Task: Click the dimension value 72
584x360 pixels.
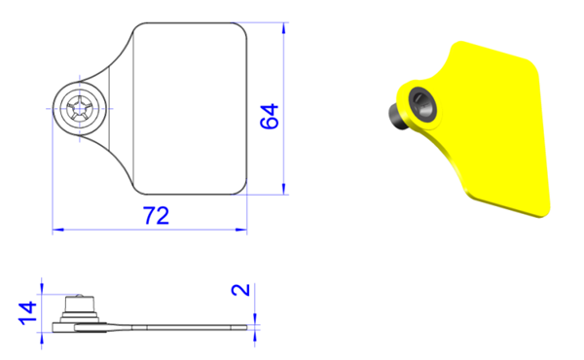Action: tap(156, 215)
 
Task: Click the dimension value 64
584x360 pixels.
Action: tap(269, 117)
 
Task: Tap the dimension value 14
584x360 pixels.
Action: tap(27, 313)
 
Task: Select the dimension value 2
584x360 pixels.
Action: tap(240, 290)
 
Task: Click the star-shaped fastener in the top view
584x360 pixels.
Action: tap(80, 108)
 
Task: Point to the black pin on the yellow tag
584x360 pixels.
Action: tap(397, 117)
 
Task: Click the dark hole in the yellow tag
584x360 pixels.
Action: tap(422, 105)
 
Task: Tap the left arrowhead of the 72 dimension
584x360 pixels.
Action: tap(58, 230)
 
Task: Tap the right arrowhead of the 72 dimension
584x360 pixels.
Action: tap(241, 230)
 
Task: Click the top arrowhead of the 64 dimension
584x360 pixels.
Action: tap(284, 28)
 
